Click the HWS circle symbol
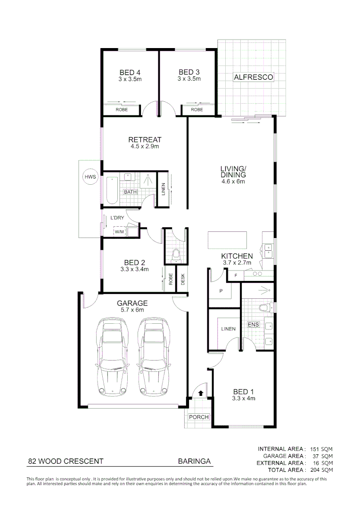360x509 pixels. pos(90,177)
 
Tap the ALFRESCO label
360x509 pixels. pos(253,77)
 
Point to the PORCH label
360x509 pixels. pos(198,417)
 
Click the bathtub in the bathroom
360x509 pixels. pos(112,190)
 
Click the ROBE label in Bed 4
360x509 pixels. pos(122,110)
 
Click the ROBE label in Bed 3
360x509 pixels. pos(196,110)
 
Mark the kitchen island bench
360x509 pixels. pos(225,240)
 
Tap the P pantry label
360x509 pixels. pos(220,291)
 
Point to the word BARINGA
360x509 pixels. pos(194,461)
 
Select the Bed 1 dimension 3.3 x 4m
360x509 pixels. pos(244,398)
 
